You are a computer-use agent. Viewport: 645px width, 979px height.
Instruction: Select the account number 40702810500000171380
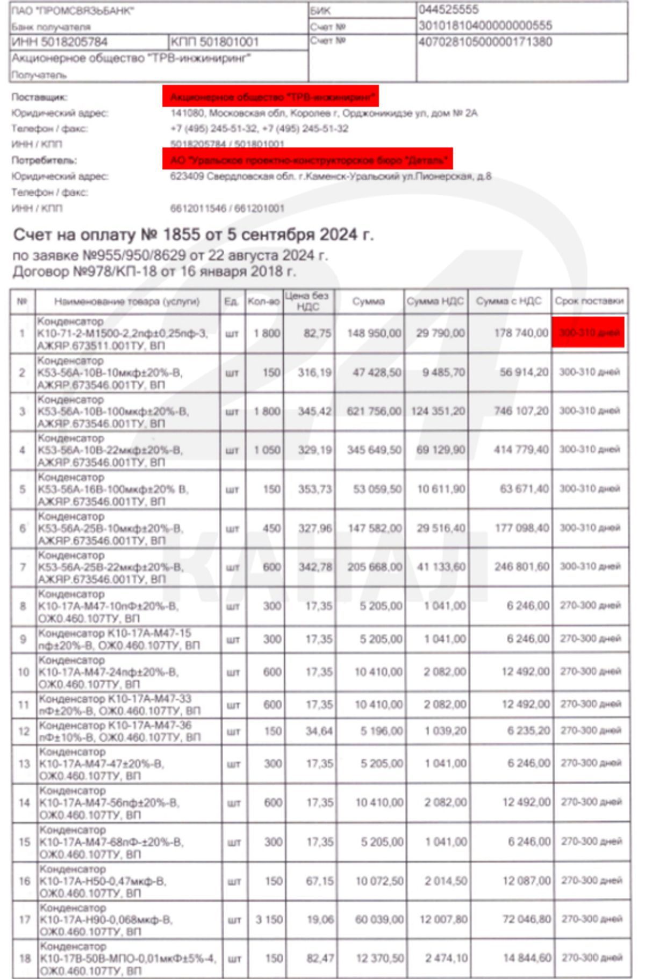click(x=485, y=42)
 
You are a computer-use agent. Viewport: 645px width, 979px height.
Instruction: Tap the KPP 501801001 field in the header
click(x=214, y=42)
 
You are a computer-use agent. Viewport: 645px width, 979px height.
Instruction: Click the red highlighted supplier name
click(x=271, y=97)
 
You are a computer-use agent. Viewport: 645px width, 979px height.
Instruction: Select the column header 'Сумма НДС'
click(x=435, y=301)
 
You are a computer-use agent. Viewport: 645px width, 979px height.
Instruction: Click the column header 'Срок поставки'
click(x=590, y=301)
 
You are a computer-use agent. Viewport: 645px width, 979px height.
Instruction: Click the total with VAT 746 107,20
click(x=521, y=411)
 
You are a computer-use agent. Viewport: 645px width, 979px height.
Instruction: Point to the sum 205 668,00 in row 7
click(x=374, y=567)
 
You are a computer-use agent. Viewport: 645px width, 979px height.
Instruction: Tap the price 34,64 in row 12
click(x=319, y=731)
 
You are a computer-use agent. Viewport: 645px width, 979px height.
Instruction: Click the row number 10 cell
click(x=23, y=672)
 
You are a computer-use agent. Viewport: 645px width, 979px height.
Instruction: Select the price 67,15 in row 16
click(x=319, y=881)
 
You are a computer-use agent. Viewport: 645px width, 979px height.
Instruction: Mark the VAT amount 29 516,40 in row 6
click(x=440, y=528)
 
